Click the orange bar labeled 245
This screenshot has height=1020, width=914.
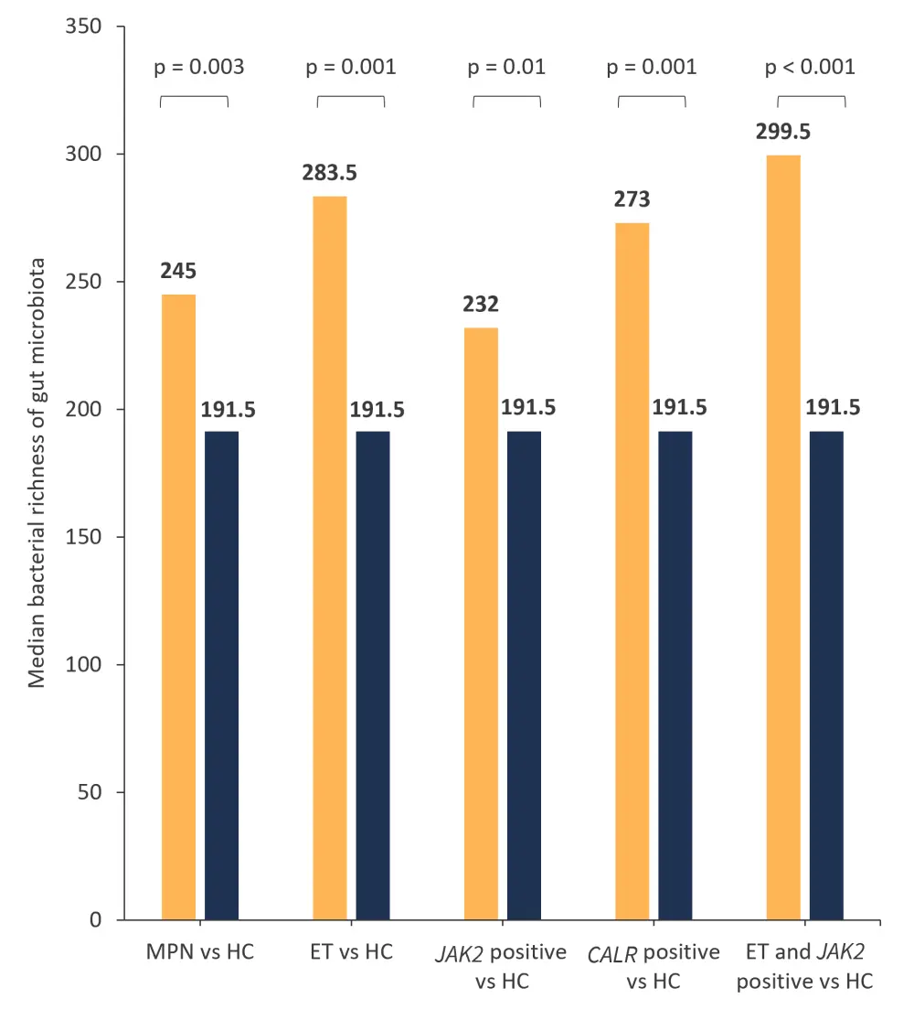pyautogui.click(x=178, y=607)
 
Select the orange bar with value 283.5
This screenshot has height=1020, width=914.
pyautogui.click(x=330, y=557)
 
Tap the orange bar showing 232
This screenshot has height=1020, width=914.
pyautogui.click(x=481, y=623)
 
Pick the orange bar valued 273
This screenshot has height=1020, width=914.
pyautogui.click(x=632, y=571)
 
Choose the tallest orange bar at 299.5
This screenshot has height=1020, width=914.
pyautogui.click(x=783, y=537)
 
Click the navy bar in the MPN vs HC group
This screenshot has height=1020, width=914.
pyautogui.click(x=221, y=675)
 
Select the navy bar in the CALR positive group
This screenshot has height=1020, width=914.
pyautogui.click(x=675, y=675)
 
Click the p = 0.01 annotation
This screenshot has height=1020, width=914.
pyautogui.click(x=506, y=67)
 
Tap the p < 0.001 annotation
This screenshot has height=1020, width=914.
pyautogui.click(x=811, y=67)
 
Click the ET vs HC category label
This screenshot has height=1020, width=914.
pyautogui.click(x=351, y=952)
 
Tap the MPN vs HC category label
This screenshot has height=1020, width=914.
pyautogui.click(x=199, y=952)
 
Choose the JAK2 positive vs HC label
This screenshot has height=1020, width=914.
pyautogui.click(x=502, y=966)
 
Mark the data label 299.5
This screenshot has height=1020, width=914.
pyautogui.click(x=783, y=132)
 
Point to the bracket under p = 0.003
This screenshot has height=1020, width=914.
pyautogui.click(x=194, y=98)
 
